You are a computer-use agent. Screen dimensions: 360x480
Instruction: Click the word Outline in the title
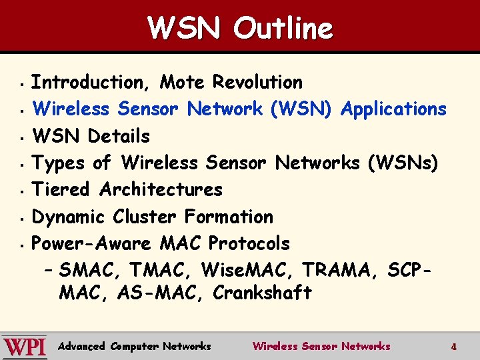click(283, 29)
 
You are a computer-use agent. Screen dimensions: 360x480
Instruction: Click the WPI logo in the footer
click(25, 347)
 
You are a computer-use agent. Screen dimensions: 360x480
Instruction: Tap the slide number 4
click(453, 347)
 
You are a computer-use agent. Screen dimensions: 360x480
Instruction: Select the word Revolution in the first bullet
click(257, 83)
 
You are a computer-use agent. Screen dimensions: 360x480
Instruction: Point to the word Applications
click(393, 109)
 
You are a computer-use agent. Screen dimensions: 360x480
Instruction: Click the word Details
click(119, 136)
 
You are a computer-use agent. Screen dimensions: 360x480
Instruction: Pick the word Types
click(59, 163)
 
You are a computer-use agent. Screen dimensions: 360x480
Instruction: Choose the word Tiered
click(61, 189)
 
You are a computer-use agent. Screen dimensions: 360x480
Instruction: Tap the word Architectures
click(161, 189)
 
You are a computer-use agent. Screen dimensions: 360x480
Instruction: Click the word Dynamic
click(69, 217)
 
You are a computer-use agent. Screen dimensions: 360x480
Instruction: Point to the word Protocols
click(249, 243)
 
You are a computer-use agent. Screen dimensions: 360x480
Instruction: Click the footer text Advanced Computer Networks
click(135, 347)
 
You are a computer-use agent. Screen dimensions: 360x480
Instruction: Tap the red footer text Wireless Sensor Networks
click(321, 347)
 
